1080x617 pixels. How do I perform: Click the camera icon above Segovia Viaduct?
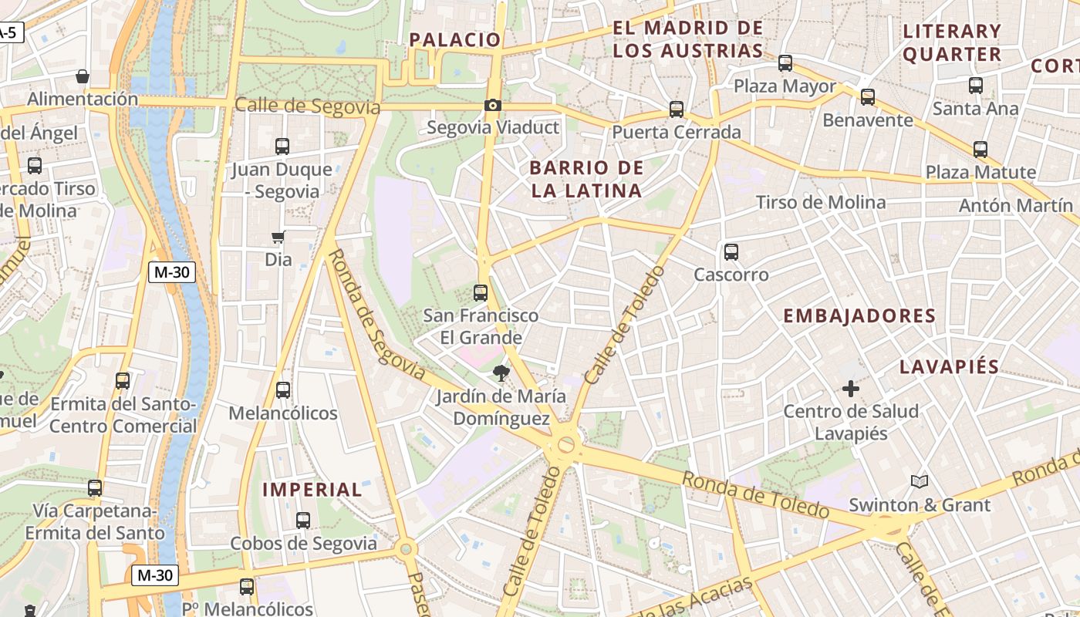pyautogui.click(x=493, y=105)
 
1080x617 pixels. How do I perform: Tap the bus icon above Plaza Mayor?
pyautogui.click(x=785, y=63)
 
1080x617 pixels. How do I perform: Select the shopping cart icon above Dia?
pyautogui.click(x=278, y=237)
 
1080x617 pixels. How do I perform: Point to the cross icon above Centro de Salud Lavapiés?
pyautogui.click(x=851, y=389)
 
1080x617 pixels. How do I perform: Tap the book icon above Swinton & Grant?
pyautogui.click(x=919, y=482)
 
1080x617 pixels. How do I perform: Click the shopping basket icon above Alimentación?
pyautogui.click(x=82, y=76)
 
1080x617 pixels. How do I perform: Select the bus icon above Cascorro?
pyautogui.click(x=731, y=251)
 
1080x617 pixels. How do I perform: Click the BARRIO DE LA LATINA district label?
pyautogui.click(x=586, y=179)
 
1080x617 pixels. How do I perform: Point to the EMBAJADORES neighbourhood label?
pyautogui.click(x=859, y=315)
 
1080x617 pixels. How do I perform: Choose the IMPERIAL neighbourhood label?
pyautogui.click(x=312, y=490)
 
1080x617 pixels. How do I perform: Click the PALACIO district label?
pyautogui.click(x=454, y=39)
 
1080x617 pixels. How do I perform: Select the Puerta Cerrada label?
pyautogui.click(x=677, y=132)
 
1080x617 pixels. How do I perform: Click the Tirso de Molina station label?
pyautogui.click(x=821, y=202)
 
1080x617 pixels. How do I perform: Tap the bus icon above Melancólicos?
pyautogui.click(x=283, y=390)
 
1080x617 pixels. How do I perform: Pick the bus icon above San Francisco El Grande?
pyautogui.click(x=481, y=292)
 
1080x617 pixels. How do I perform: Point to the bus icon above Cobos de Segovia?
pyautogui.click(x=303, y=521)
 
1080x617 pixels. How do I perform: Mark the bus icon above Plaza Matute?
pyautogui.click(x=980, y=150)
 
